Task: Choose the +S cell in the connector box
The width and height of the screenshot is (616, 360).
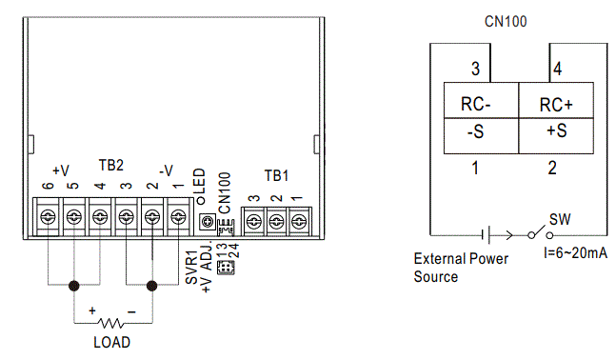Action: point(556,133)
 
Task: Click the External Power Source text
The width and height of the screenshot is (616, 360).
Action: point(461,267)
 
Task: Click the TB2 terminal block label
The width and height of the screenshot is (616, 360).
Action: point(111,165)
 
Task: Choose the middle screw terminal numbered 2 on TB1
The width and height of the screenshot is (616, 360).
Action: point(276,221)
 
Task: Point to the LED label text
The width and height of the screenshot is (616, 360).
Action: point(201,182)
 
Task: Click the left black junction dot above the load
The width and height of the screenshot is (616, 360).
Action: point(73,284)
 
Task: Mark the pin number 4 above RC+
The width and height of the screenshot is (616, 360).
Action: point(556,69)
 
